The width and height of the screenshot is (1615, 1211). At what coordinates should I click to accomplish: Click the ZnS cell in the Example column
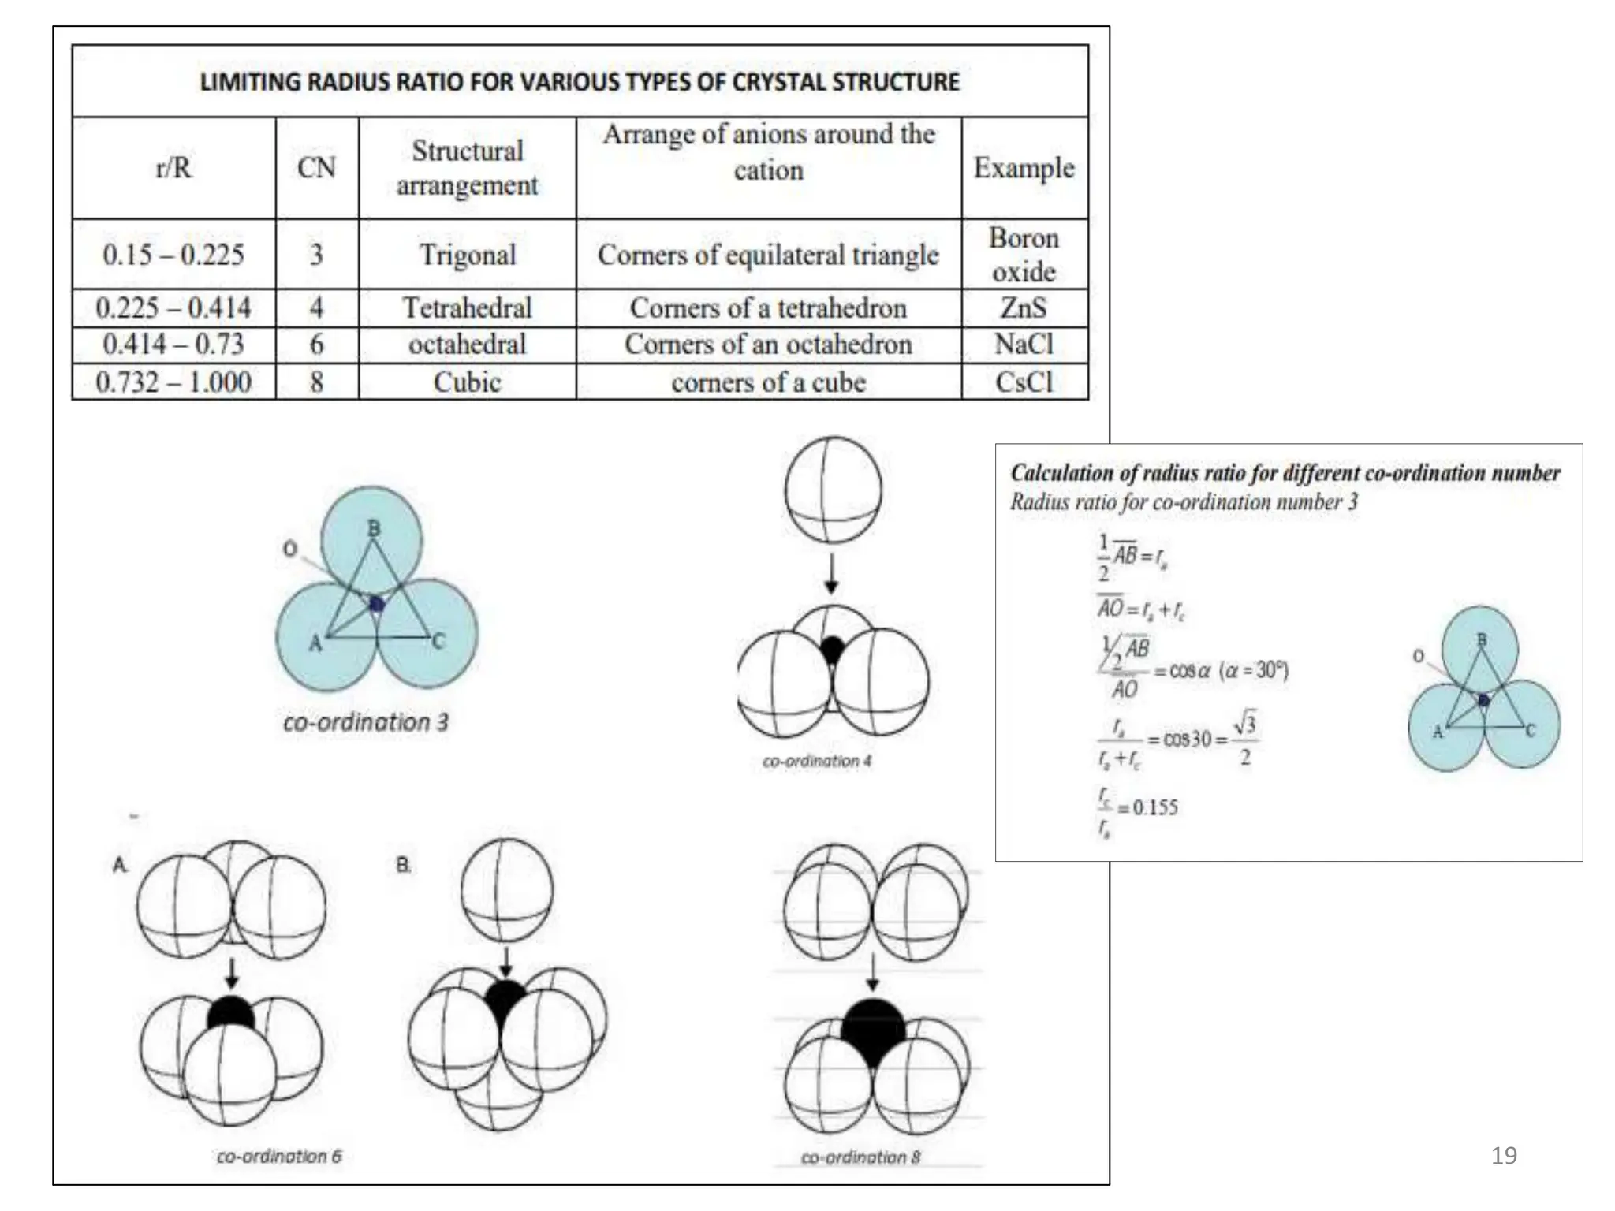pyautogui.click(x=1024, y=307)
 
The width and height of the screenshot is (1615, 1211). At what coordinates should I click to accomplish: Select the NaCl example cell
pyautogui.click(x=1024, y=345)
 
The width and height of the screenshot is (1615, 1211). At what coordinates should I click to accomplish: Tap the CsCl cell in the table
pyautogui.click(x=1024, y=382)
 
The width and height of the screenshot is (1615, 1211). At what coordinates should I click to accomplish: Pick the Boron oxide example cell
pyautogui.click(x=1024, y=255)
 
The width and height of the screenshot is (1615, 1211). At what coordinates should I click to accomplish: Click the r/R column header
pyautogui.click(x=173, y=168)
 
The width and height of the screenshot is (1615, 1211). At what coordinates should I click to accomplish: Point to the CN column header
pyautogui.click(x=316, y=168)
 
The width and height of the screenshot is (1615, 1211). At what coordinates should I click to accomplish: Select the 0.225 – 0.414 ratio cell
pyautogui.click(x=173, y=307)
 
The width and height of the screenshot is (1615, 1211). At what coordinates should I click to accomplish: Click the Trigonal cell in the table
pyautogui.click(x=467, y=255)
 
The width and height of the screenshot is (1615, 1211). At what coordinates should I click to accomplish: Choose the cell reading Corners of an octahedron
pyautogui.click(x=768, y=345)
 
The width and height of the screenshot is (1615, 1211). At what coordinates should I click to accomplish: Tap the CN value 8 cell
pyautogui.click(x=316, y=382)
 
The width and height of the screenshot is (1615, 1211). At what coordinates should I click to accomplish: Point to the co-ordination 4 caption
pyautogui.click(x=817, y=762)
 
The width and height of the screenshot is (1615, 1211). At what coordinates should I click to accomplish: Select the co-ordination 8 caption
pyautogui.click(x=860, y=1157)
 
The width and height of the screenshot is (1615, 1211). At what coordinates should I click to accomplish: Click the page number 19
pyautogui.click(x=1504, y=1156)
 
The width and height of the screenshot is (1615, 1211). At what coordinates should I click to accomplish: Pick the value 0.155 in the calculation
pyautogui.click(x=1155, y=807)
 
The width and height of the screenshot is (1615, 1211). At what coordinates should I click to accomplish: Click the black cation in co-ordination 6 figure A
pyautogui.click(x=230, y=1013)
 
